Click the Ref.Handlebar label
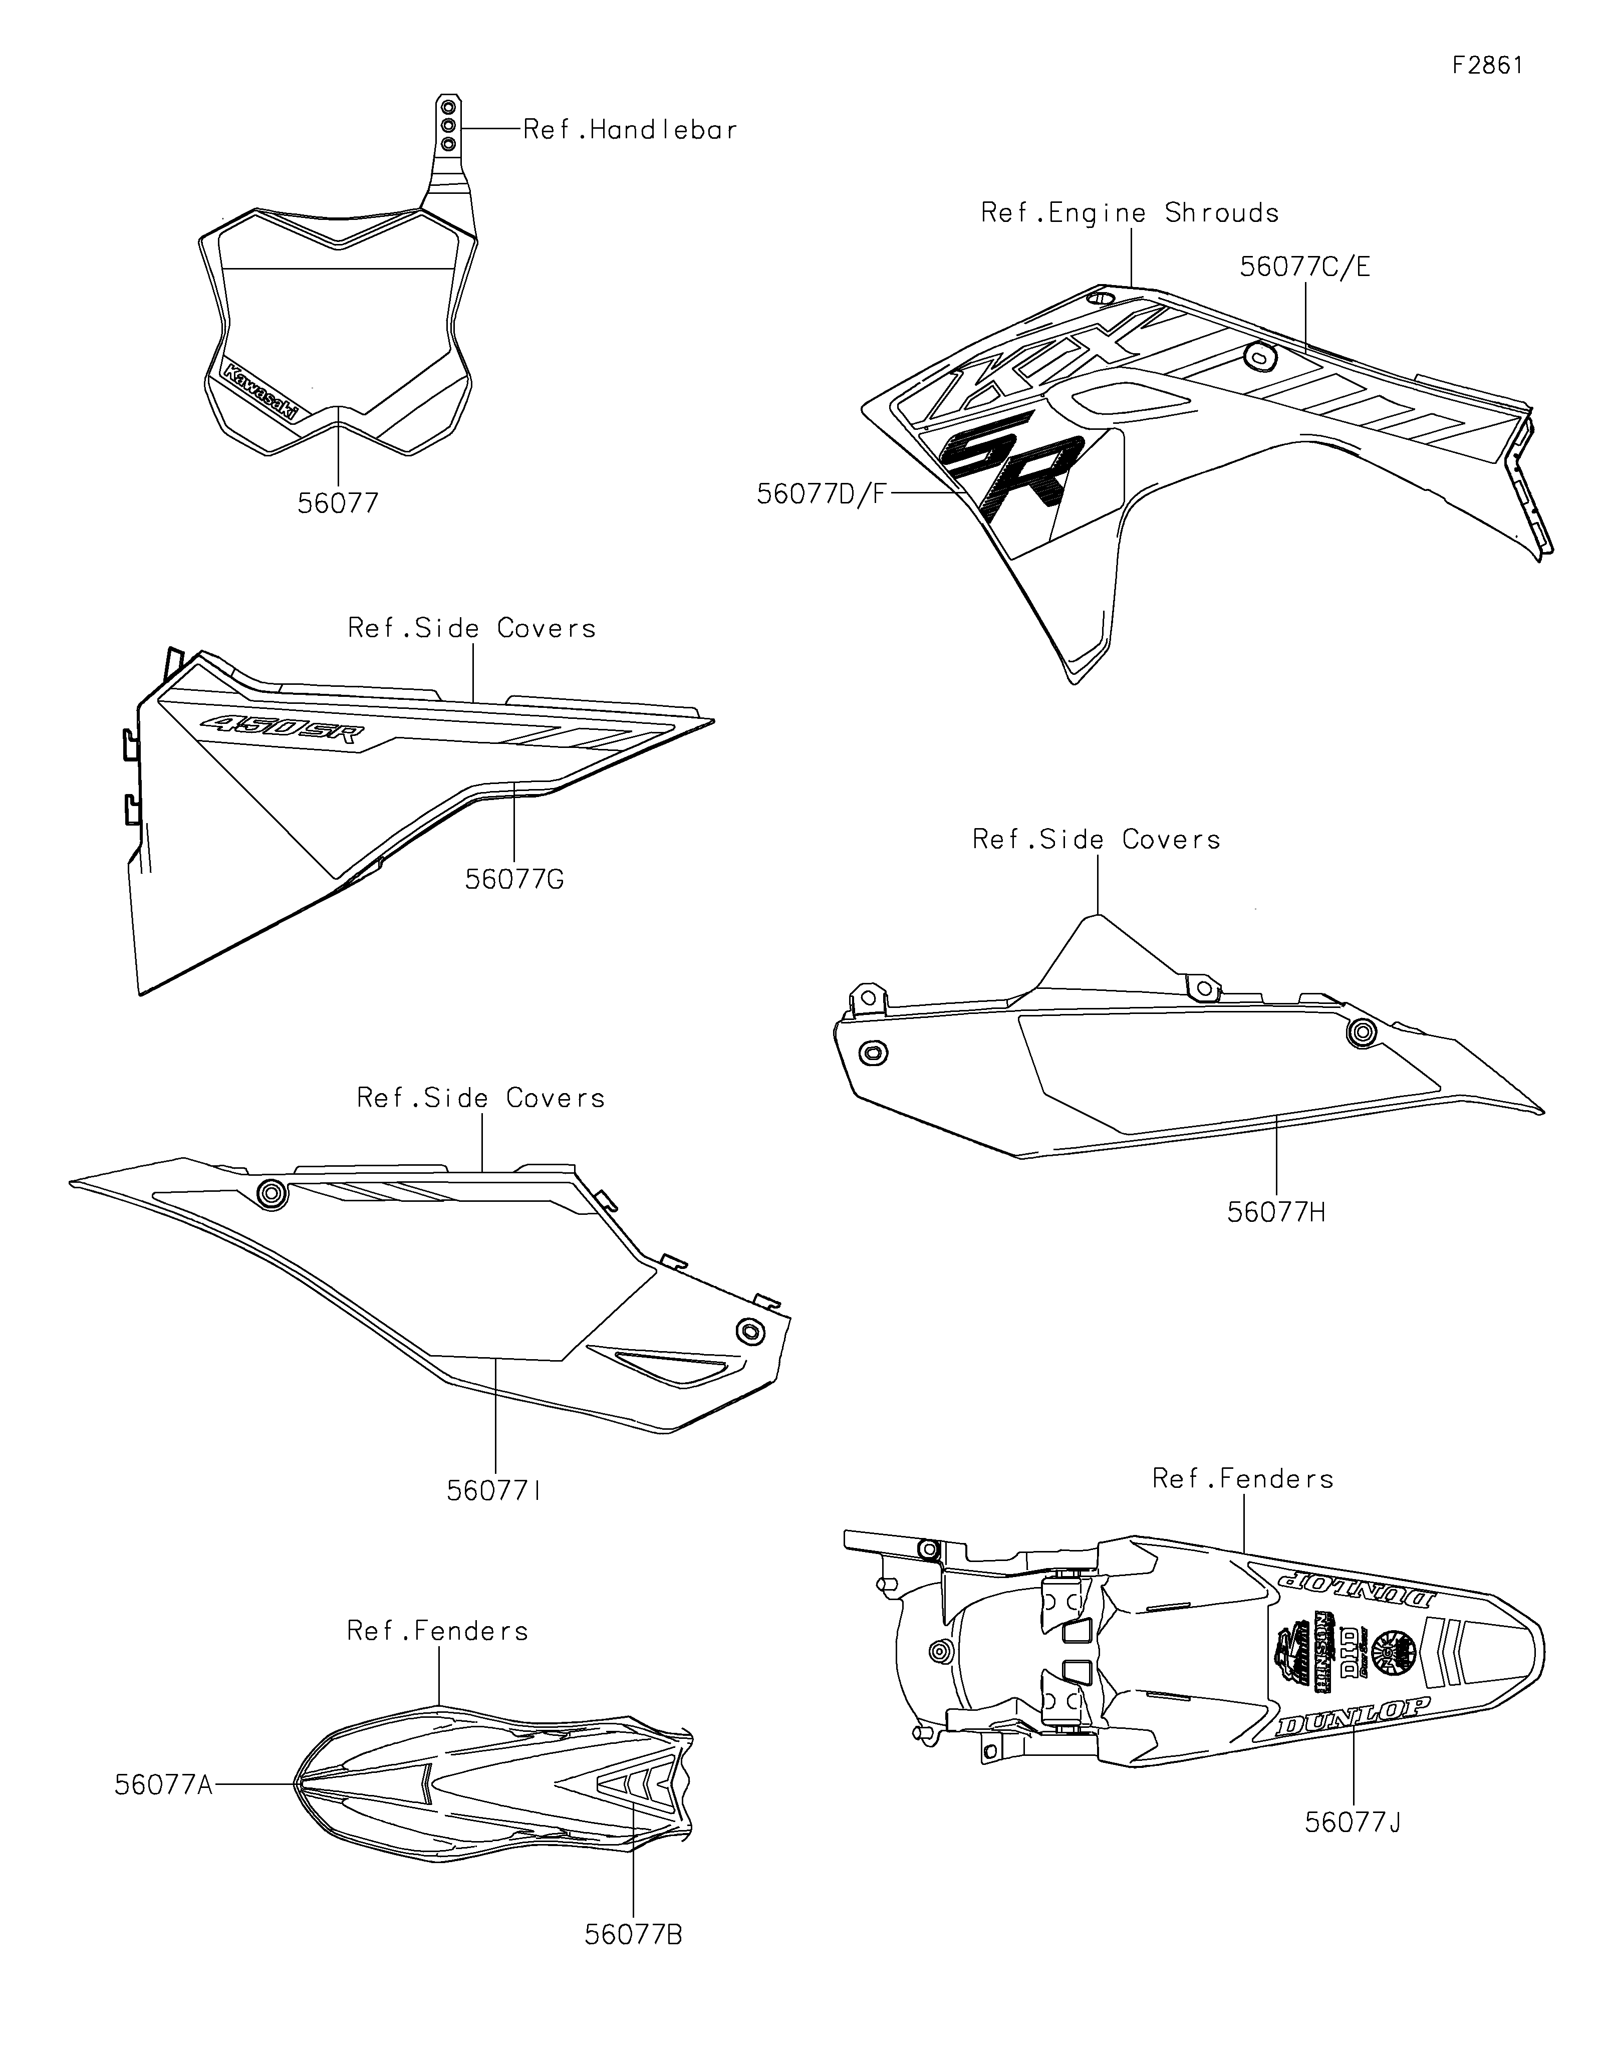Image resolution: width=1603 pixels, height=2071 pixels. coord(630,130)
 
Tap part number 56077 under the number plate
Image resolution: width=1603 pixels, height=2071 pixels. coord(338,503)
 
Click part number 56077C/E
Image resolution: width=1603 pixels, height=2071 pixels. coord(1304,268)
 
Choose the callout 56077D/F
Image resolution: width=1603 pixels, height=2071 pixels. coord(821,494)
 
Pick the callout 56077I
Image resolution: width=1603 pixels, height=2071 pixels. coord(494,1491)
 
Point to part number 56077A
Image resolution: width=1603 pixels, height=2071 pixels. coord(163,1784)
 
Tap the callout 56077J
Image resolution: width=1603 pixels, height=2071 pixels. coord(1353,1823)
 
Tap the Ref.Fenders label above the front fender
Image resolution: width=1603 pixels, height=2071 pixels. coord(437,1631)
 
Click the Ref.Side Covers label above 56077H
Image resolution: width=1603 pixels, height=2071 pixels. coord(1096,839)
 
